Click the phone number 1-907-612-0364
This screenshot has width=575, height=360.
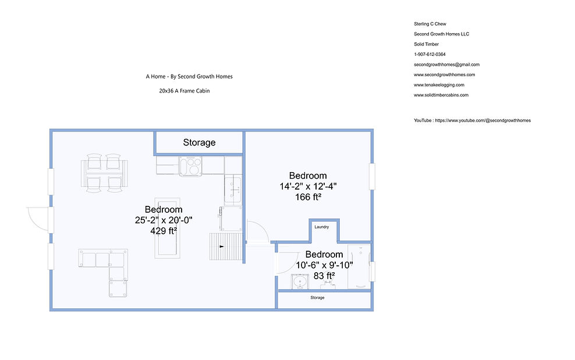click(x=430, y=54)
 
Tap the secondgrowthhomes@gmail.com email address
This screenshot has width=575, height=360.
click(x=446, y=65)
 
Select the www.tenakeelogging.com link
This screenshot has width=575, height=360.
click(x=439, y=85)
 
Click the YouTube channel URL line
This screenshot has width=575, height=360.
click(x=473, y=120)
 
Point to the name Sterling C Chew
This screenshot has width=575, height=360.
click(x=430, y=24)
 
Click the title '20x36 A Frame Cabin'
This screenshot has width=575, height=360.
click(x=184, y=91)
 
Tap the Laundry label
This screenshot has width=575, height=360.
click(x=322, y=227)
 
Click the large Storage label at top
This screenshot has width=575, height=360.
click(x=199, y=142)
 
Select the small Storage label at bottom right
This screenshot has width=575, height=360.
click(x=317, y=298)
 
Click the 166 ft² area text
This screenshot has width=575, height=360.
click(x=308, y=197)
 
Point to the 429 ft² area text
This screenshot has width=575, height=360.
click(x=164, y=230)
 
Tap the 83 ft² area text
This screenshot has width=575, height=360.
click(x=324, y=275)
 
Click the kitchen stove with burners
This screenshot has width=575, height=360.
click(x=190, y=166)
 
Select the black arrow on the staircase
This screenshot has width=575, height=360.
click(x=222, y=247)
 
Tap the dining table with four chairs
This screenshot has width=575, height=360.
click(x=104, y=173)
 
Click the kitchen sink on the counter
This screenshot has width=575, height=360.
click(x=233, y=189)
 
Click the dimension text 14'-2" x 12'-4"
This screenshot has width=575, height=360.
click(x=308, y=186)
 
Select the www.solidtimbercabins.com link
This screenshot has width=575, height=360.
click(x=441, y=95)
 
